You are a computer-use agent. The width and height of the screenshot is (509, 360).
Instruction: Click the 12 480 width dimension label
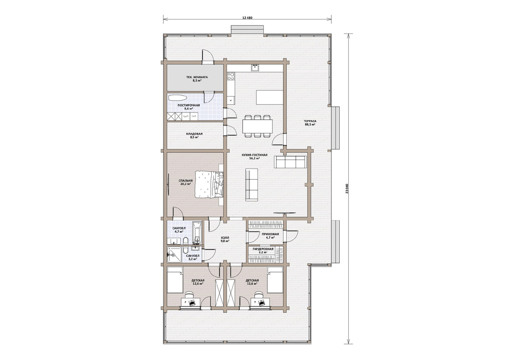pyautogui.click(x=247, y=17)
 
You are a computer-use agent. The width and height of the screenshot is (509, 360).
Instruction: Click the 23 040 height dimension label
pyautogui.click(x=347, y=188)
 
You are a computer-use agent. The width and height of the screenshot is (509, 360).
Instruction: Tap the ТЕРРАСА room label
pyautogui.click(x=310, y=121)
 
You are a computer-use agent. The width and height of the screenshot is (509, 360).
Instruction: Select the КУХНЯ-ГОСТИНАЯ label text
pyautogui.click(x=255, y=155)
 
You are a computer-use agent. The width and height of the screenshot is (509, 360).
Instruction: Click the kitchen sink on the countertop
pyautogui.click(x=255, y=68)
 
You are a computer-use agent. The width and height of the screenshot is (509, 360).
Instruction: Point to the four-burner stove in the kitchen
pyautogui.click(x=231, y=76)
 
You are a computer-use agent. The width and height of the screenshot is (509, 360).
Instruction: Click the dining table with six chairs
pyautogui.click(x=257, y=127)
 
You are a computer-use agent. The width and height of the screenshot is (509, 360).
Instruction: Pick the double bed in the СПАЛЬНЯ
pyautogui.click(x=209, y=184)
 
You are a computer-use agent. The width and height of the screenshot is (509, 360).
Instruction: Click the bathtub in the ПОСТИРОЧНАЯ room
pyautogui.click(x=178, y=98)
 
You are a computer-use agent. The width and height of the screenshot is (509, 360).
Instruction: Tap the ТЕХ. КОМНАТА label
pyautogui.click(x=197, y=77)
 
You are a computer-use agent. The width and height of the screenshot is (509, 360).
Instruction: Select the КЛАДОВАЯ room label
pyautogui.click(x=194, y=134)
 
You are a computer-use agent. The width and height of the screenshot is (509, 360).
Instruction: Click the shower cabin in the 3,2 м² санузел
pyautogui.click(x=174, y=255)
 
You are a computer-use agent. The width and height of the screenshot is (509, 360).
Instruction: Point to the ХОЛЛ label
pyautogui.click(x=225, y=237)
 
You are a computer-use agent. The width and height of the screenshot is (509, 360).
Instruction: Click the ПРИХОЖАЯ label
pyautogui.click(x=270, y=234)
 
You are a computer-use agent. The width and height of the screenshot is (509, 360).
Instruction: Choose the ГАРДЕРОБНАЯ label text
pyautogui.click(x=263, y=249)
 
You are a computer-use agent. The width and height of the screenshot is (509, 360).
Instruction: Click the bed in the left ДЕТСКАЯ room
pyautogui.click(x=175, y=280)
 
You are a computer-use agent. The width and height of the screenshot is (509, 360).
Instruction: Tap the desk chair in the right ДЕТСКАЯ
pyautogui.click(x=258, y=295)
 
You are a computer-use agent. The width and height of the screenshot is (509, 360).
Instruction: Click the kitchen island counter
pyautogui.click(x=270, y=97)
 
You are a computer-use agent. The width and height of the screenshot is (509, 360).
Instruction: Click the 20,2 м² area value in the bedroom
pyautogui.click(x=186, y=184)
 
